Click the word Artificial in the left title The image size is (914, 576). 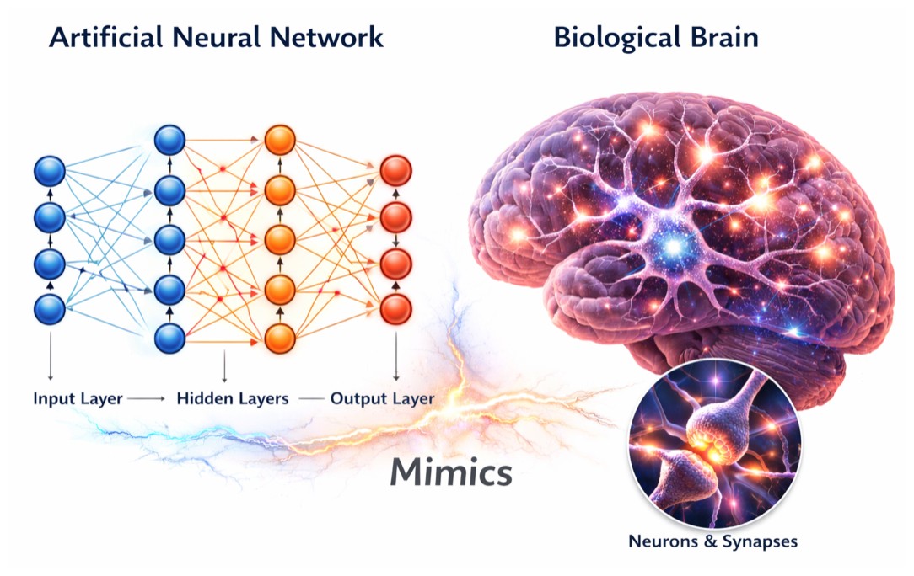pyautogui.click(x=99, y=38)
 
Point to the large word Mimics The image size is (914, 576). pyautogui.click(x=450, y=473)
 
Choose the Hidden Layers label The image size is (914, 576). pyautogui.click(x=233, y=398)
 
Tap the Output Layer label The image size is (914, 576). pyautogui.click(x=382, y=398)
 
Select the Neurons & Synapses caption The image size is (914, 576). pyautogui.click(x=712, y=541)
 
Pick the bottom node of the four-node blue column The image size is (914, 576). pyautogui.click(x=49, y=310)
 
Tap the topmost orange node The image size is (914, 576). pyautogui.click(x=280, y=139)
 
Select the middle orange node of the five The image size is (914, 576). pyautogui.click(x=280, y=239)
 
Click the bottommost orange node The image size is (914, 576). pyautogui.click(x=280, y=339)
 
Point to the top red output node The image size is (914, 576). pyautogui.click(x=395, y=171)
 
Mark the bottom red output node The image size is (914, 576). pyautogui.click(x=395, y=309)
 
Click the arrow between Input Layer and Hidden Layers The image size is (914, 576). pyautogui.click(x=148, y=398)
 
